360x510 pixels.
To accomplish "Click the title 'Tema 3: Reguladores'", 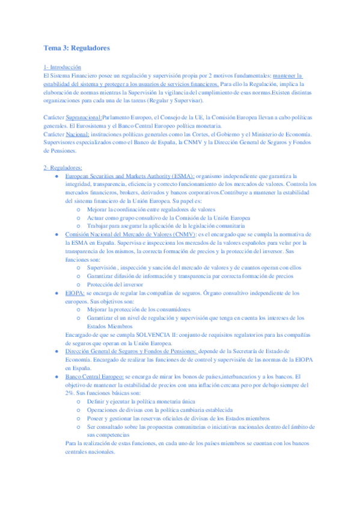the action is [77, 48].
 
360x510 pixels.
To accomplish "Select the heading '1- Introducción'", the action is [63, 68].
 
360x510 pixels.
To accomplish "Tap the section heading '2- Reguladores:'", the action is [63, 168].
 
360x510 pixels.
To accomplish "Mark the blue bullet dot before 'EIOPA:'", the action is [56, 293].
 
